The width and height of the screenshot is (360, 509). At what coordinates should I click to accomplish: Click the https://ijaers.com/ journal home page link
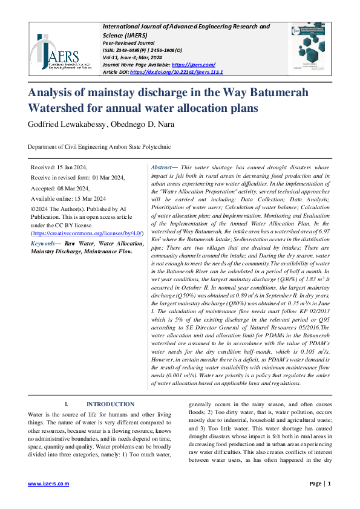pyautogui.click(x=194, y=65)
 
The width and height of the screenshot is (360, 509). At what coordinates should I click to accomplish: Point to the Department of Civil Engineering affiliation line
pyautogui.click(x=91, y=147)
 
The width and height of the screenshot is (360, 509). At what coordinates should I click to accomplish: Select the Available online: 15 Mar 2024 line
pyautogui.click(x=68, y=198)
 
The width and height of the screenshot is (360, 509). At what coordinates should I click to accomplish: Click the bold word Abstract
pyautogui.click(x=162, y=167)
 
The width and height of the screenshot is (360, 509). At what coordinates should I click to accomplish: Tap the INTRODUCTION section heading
pyautogui.click(x=110, y=404)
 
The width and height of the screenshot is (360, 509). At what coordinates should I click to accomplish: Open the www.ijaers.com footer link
pyautogui.click(x=48, y=484)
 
